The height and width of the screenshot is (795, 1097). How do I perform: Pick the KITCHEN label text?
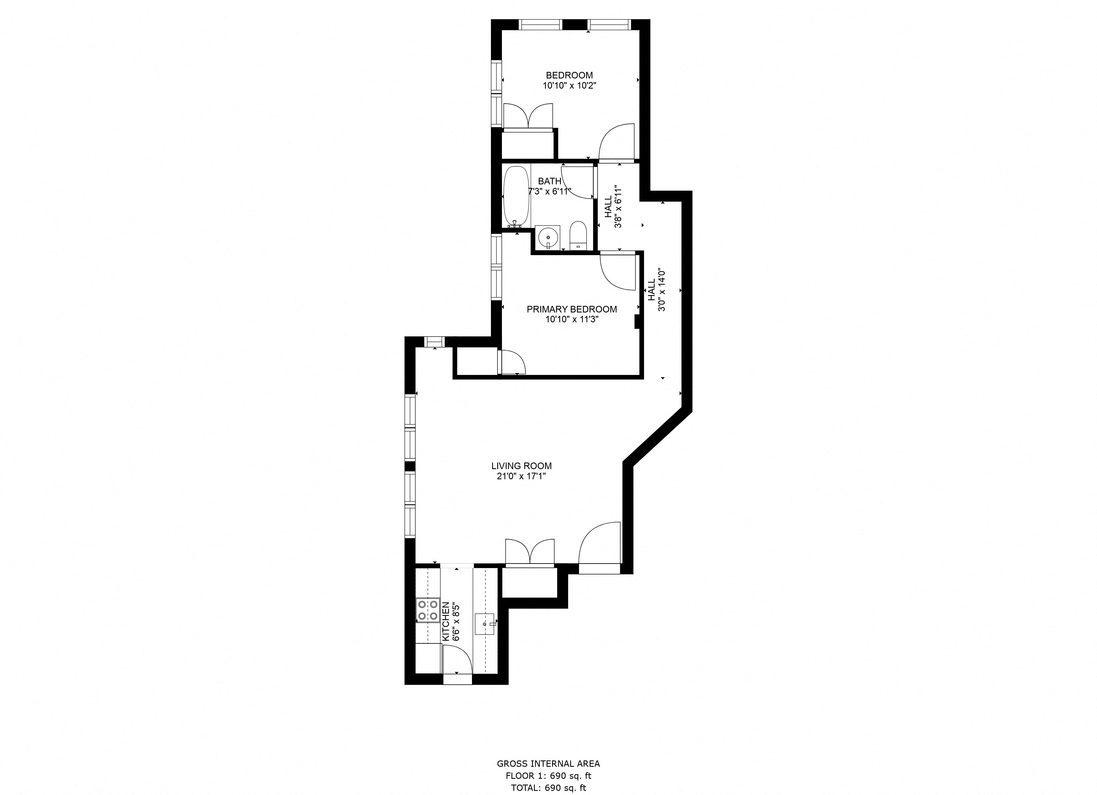tap(445, 622)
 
